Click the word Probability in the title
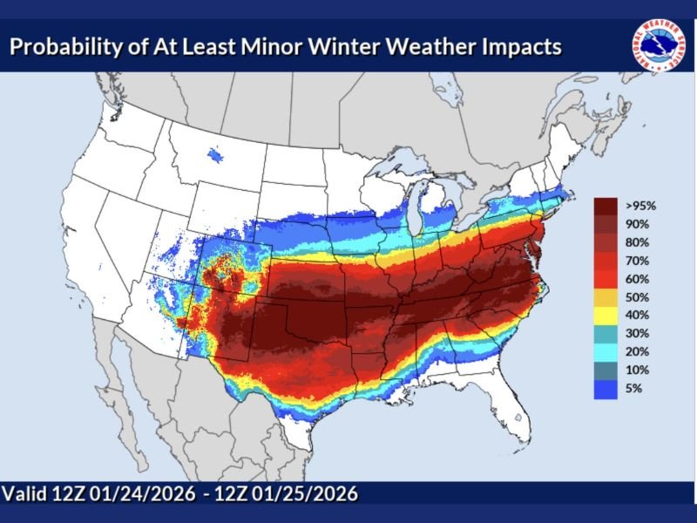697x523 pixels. pyautogui.click(x=64, y=45)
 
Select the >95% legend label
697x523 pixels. pyautogui.click(x=639, y=207)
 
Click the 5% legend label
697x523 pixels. pyautogui.click(x=633, y=389)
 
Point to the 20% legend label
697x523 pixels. pyautogui.click(x=636, y=352)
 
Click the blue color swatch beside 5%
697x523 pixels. pyautogui.click(x=606, y=389)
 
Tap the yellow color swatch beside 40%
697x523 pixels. pyautogui.click(x=606, y=316)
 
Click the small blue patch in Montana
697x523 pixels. pyautogui.click(x=215, y=156)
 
